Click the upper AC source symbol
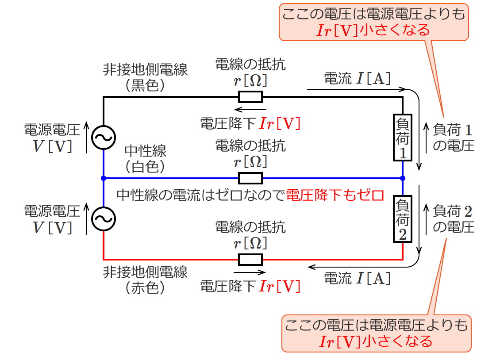point(103,138)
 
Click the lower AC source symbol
point(103,218)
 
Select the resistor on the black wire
point(250,96)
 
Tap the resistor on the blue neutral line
point(250,178)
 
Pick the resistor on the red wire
point(250,259)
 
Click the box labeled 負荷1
point(403,138)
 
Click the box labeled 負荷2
point(403,220)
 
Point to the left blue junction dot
point(103,178)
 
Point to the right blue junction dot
point(403,178)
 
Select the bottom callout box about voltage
point(376,333)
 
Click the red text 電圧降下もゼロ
point(335,195)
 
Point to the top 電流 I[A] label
point(358,79)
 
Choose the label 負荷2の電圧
point(453,219)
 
